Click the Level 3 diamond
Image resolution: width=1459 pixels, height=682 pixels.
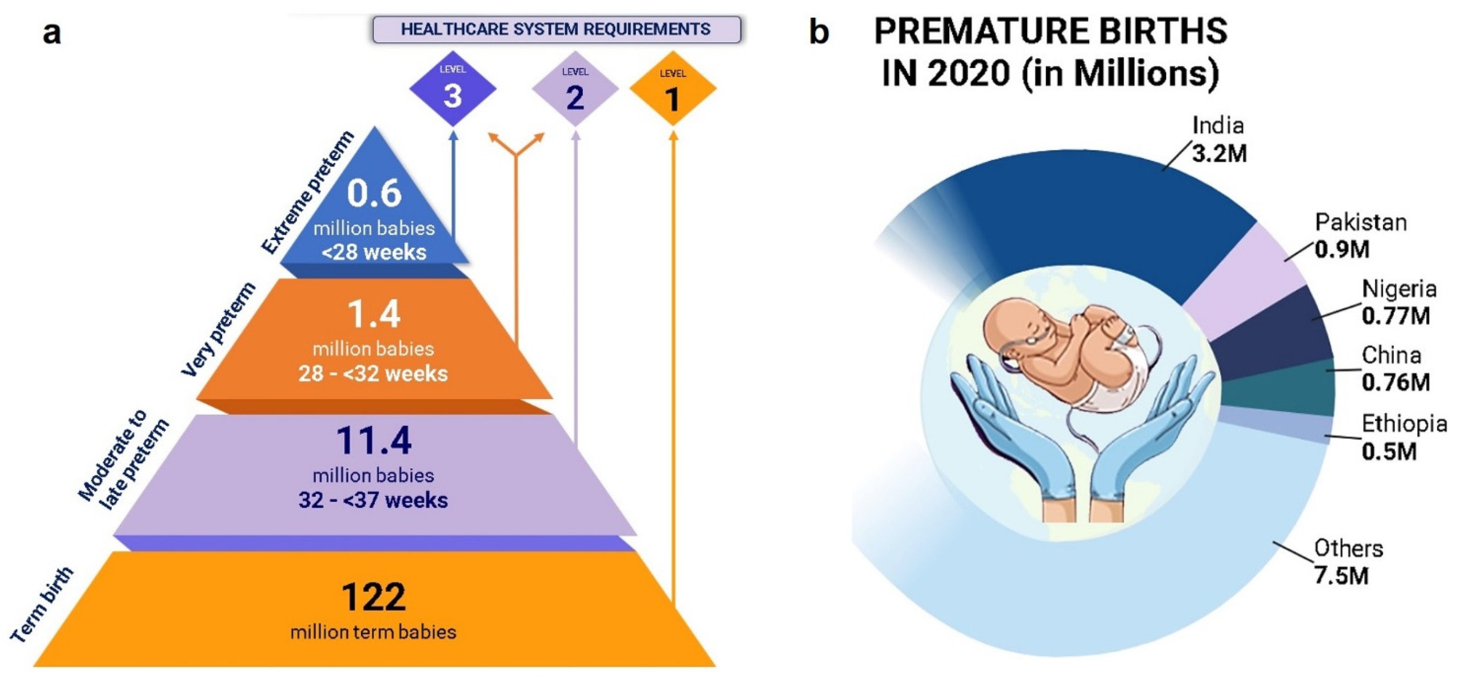coord(453,88)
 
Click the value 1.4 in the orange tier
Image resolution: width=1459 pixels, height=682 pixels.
coord(374,314)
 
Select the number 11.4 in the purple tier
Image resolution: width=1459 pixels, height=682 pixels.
coord(374,440)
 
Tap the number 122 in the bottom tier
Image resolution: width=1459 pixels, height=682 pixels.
coord(374,597)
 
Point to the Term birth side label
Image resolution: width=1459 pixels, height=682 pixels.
coord(42,604)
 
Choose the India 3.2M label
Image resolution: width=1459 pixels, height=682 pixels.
coord(1219,139)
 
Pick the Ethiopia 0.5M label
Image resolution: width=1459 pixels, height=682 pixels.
coord(1404,437)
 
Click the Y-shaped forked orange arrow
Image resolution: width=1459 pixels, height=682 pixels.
coord(516,238)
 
